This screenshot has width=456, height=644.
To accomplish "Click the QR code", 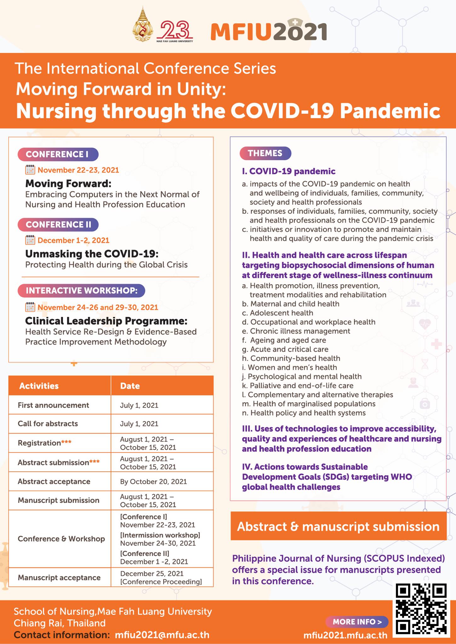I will pyautogui.click(x=421, y=609).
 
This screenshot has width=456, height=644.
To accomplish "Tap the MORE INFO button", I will pyautogui.click(x=357, y=621).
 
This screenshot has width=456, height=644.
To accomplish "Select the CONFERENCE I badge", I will pyautogui.click(x=58, y=154).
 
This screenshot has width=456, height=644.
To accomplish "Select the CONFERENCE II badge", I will pyautogui.click(x=58, y=225).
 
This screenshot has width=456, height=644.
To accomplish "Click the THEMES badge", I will pyautogui.click(x=265, y=153).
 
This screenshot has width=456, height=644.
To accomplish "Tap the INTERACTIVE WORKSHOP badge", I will pyautogui.click(x=81, y=291).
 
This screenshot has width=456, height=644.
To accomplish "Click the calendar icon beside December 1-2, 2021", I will pyautogui.click(x=30, y=240).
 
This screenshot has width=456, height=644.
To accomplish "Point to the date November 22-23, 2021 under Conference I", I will pyautogui.click(x=78, y=170).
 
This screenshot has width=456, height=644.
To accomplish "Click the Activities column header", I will pyautogui.click(x=39, y=386).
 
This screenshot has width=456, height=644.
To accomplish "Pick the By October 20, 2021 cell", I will pyautogui.click(x=153, y=481).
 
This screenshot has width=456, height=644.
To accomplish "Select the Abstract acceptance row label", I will pyautogui.click(x=54, y=481).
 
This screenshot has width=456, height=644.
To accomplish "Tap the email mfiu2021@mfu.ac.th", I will pyautogui.click(x=162, y=635).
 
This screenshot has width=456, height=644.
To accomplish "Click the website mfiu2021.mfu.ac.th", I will pyautogui.click(x=345, y=635).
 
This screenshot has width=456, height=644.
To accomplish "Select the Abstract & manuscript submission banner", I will pyautogui.click(x=338, y=526).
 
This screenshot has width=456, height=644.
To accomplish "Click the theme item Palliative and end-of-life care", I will pyautogui.click(x=301, y=386).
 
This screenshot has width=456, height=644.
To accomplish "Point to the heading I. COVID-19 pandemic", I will pyautogui.click(x=288, y=171).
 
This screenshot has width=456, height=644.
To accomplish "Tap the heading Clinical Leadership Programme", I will pyautogui.click(x=106, y=321).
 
